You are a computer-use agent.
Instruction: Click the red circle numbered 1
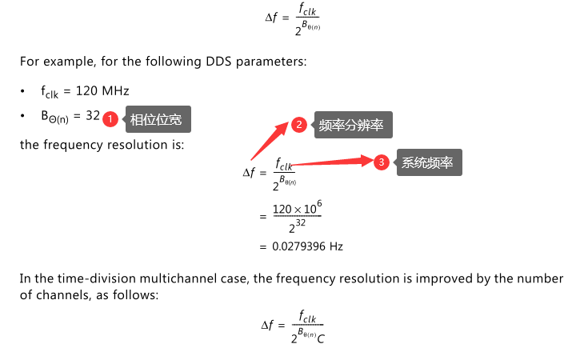click(x=111, y=118)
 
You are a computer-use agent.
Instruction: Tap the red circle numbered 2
click(x=298, y=125)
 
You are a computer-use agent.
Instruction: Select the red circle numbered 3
click(x=382, y=162)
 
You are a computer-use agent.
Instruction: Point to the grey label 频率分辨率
click(x=351, y=125)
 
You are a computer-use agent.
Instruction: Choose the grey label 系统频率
click(x=427, y=162)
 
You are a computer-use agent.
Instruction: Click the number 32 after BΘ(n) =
click(x=92, y=116)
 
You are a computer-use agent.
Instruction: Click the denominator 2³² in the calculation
click(x=297, y=228)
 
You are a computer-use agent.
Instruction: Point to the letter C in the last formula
click(x=322, y=338)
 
